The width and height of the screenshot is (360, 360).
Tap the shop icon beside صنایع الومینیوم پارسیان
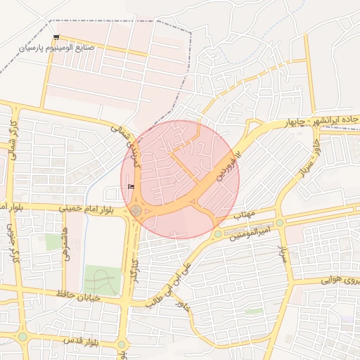56,37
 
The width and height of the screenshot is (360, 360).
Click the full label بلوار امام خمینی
36,208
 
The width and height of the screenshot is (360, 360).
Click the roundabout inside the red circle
136,210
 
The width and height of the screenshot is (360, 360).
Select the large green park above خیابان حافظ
101,281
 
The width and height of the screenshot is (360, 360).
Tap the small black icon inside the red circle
131,186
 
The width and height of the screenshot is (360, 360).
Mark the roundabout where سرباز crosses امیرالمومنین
280,223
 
